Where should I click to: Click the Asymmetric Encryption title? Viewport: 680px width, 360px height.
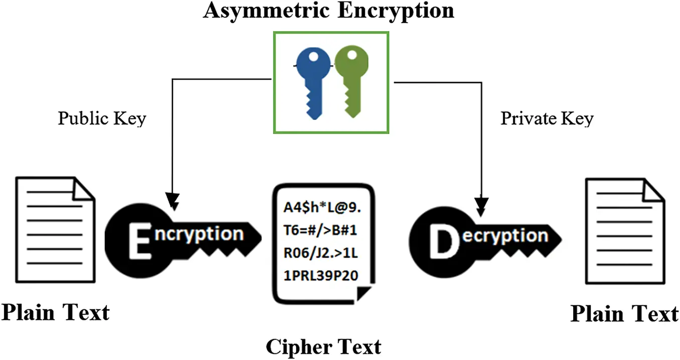[328, 11]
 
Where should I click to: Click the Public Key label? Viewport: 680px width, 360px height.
[102, 118]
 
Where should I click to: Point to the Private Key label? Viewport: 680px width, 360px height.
[547, 118]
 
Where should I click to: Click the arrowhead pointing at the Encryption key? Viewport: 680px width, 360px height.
[173, 201]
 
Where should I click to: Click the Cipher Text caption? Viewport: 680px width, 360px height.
[323, 346]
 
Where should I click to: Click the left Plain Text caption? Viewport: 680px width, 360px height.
[55, 312]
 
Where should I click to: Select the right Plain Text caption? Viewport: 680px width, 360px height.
[624, 314]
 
